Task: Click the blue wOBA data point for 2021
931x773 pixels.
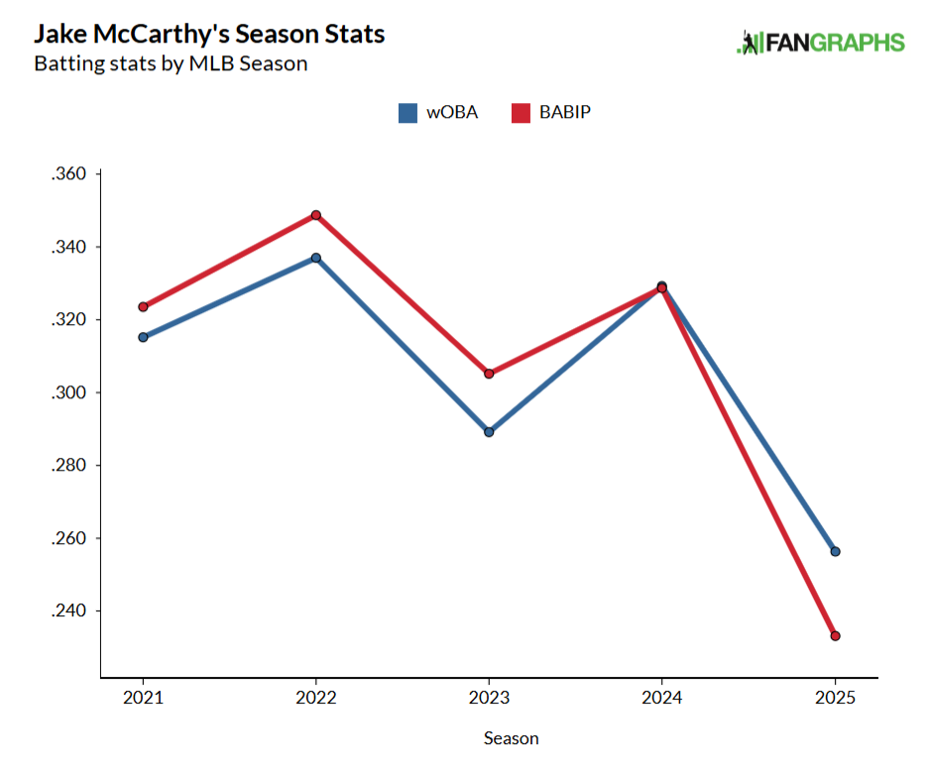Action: tap(143, 337)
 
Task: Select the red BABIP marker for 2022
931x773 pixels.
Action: tap(315, 215)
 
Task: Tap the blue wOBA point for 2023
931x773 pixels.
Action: tap(489, 432)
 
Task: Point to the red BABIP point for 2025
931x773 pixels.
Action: tap(835, 636)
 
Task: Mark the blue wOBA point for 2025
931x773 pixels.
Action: tap(835, 551)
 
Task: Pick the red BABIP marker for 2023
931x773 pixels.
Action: tap(489, 374)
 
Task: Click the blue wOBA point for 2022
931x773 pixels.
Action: tap(315, 258)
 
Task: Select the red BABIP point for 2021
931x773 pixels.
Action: tap(143, 307)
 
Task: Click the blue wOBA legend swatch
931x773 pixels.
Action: tap(407, 113)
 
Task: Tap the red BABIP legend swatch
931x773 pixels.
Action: tap(521, 113)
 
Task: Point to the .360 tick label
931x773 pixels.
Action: tap(69, 174)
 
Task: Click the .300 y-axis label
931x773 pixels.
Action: tap(69, 393)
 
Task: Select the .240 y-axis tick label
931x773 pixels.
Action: tap(69, 611)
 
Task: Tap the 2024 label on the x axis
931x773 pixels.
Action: tap(661, 698)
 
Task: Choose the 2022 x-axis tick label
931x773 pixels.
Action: tap(315, 698)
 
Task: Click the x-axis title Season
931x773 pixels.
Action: tap(512, 738)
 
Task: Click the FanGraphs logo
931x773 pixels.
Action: tap(821, 43)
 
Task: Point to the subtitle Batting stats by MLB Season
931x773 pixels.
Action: tap(171, 64)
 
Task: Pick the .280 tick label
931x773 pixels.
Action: tap(69, 466)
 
